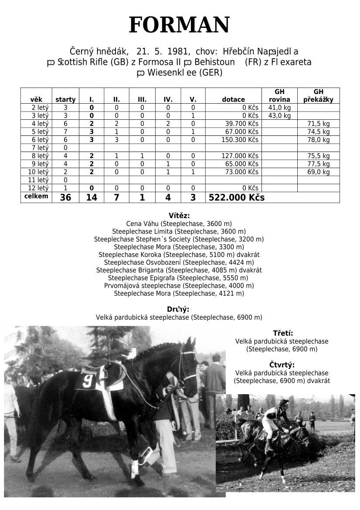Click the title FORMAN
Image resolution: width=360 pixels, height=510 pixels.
pos(179,25)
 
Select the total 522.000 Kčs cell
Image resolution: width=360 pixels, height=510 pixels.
pos(237,197)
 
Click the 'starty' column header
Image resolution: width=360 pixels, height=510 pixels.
pos(65,99)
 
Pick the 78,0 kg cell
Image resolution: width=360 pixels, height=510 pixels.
pos(319,140)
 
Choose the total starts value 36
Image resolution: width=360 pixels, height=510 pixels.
pos(65,197)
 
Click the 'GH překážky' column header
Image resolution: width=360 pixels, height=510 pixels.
pos(318,95)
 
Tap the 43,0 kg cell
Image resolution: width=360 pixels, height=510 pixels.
pos(279,115)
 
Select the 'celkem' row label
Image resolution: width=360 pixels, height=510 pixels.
pos(36,196)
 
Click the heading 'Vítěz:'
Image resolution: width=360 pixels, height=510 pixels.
pos(179,215)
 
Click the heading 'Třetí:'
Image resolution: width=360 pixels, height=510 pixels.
pos(283,333)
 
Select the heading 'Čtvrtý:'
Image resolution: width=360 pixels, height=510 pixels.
pos(282,365)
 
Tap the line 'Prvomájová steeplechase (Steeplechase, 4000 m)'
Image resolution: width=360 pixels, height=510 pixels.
pos(179,286)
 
